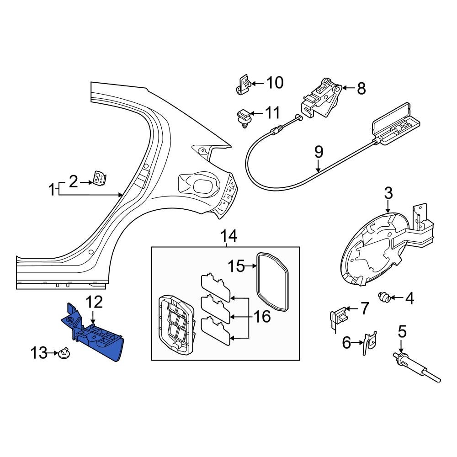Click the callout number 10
coord(275,83)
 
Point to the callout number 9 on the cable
coord(319,151)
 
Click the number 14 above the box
coord(229,236)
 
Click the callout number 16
coord(262,316)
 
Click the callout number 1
coord(53,189)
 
